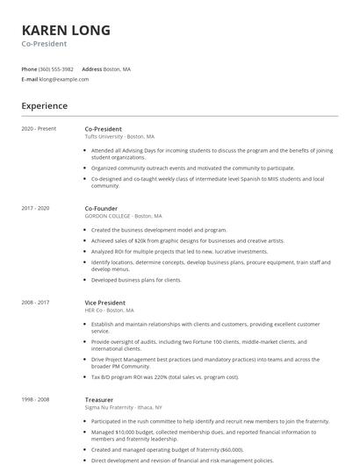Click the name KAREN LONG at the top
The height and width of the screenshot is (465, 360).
[66, 30]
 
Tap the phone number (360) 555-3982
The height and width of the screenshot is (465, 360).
[56, 68]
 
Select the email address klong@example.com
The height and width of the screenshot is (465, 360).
[64, 79]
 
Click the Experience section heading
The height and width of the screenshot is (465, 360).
[44, 106]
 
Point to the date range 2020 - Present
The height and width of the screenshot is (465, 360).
[39, 129]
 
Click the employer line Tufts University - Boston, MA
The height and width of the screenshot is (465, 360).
[119, 137]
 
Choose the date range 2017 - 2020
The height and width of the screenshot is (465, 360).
[35, 208]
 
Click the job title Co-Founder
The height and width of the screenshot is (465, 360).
[102, 208]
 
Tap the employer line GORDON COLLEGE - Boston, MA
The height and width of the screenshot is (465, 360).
[124, 216]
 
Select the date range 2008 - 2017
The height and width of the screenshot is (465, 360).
[35, 302]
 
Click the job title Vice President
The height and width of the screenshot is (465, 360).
[106, 302]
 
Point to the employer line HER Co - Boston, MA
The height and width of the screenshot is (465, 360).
[110, 310]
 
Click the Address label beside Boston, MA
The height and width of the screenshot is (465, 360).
[91, 68]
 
